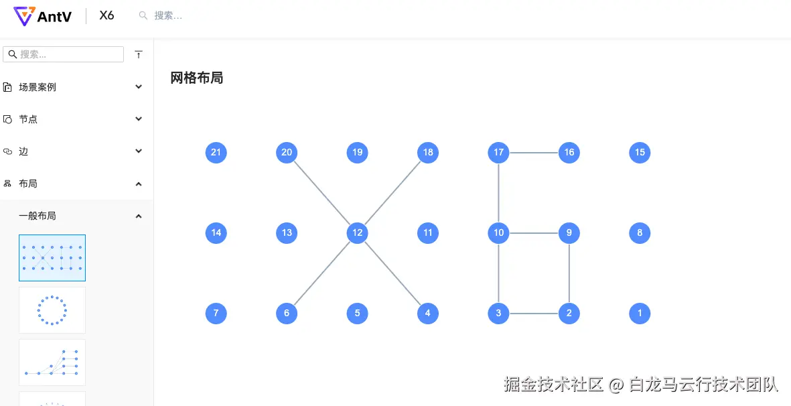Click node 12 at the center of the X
click(357, 233)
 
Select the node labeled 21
click(216, 152)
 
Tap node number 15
click(640, 152)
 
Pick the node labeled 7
click(216, 314)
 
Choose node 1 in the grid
click(640, 314)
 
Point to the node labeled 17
click(498, 152)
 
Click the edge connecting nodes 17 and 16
click(534, 152)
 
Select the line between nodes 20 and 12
click(322, 193)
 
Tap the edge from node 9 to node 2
click(569, 273)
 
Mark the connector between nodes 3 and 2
click(534, 314)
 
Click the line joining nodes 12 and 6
click(322, 273)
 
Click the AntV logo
click(43, 16)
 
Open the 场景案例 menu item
click(38, 87)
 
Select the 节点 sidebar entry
click(28, 119)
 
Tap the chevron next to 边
click(139, 151)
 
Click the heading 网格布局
click(197, 78)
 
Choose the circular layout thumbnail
click(52, 310)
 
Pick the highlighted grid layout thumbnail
click(52, 258)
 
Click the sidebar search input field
click(63, 54)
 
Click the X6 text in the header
click(106, 15)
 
